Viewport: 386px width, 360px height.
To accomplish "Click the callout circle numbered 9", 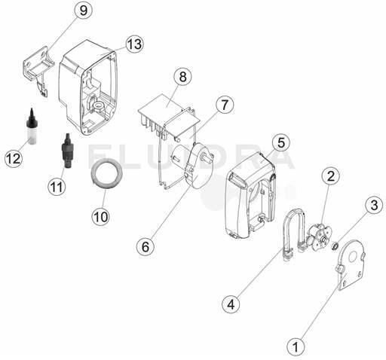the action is click(x=84, y=11).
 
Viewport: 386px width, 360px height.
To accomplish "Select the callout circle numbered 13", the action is click(x=135, y=44).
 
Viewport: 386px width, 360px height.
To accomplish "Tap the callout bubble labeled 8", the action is click(x=182, y=76).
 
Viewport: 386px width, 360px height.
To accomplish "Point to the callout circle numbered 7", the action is click(x=225, y=105).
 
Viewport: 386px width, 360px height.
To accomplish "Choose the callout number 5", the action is click(x=281, y=142).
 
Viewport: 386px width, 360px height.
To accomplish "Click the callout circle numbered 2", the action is click(x=331, y=175).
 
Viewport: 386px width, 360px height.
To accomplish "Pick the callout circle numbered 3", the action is click(x=374, y=205).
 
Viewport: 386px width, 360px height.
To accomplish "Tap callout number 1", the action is click(x=296, y=346).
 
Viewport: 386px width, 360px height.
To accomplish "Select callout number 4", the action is click(x=231, y=304).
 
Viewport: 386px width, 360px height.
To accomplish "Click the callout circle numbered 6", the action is click(x=146, y=246).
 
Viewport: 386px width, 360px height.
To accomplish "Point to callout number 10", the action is click(x=101, y=216).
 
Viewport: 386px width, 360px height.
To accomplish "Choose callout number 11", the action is click(x=57, y=186).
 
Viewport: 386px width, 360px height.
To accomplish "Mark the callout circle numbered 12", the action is click(x=14, y=158).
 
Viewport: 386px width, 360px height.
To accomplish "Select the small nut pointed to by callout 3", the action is click(x=335, y=246).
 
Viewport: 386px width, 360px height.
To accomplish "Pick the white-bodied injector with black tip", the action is click(x=32, y=127).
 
